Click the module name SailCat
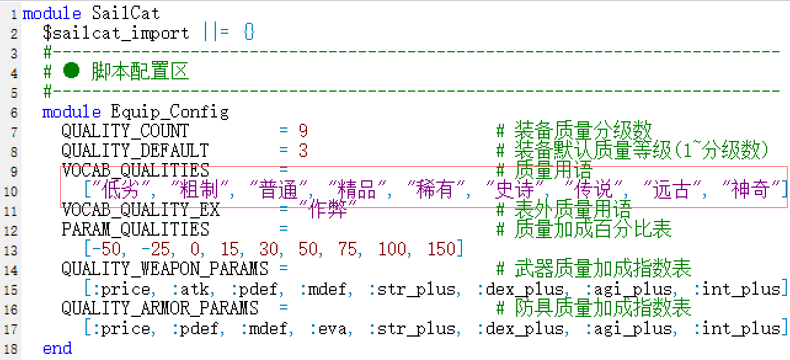coord(126,14)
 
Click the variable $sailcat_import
coord(116,33)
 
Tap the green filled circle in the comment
coord(71,70)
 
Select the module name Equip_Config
coord(170,112)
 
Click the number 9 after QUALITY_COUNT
coord(303,131)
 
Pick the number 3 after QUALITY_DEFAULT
coord(303,151)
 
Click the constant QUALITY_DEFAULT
coord(135,151)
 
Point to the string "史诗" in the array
coord(514,190)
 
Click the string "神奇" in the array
coord(751,190)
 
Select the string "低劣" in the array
coord(121,190)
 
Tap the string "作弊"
coord(328,209)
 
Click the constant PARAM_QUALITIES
coord(135,229)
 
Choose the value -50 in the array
coord(106,249)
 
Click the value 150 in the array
coord(442,249)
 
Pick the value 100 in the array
coord(393,249)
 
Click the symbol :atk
coord(191,289)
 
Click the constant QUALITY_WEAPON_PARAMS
coord(165,269)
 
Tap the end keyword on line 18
coord(57,349)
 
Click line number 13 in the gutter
coord(10,250)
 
